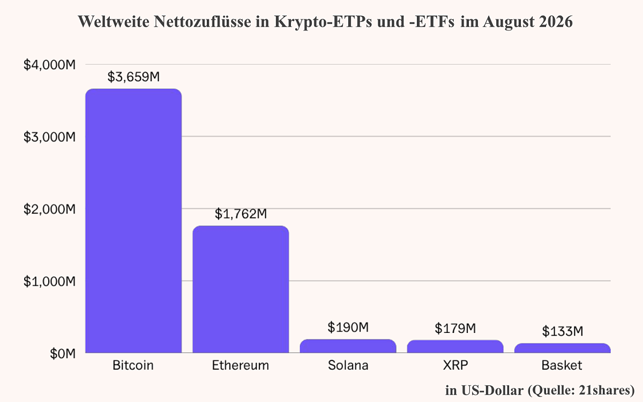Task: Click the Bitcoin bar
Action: pyautogui.click(x=133, y=221)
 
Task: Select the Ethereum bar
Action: pyautogui.click(x=241, y=289)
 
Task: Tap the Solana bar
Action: pyautogui.click(x=348, y=346)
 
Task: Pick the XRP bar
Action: pyautogui.click(x=455, y=346)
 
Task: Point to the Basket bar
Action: pyautogui.click(x=562, y=348)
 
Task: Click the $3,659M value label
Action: pyautogui.click(x=133, y=77)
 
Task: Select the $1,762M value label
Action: pyautogui.click(x=241, y=214)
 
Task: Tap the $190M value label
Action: pyautogui.click(x=348, y=327)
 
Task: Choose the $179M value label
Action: pyautogui.click(x=455, y=328)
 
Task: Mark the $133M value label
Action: pyautogui.click(x=563, y=331)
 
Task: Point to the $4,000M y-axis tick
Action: pyautogui.click(x=50, y=65)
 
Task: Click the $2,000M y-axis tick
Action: pyautogui.click(x=50, y=209)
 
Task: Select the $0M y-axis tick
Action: pyautogui.click(x=63, y=353)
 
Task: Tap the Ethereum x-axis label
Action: pyautogui.click(x=241, y=366)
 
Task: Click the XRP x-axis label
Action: pyautogui.click(x=455, y=366)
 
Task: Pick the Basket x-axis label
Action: pyautogui.click(x=562, y=366)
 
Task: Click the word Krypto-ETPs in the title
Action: pyautogui.click(x=323, y=22)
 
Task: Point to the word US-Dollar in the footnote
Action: pyautogui.click(x=492, y=391)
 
